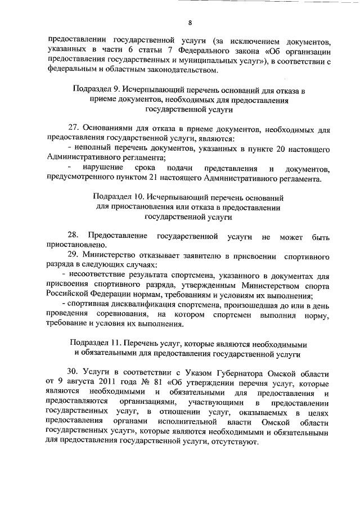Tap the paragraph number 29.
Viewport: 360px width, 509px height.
coord(73,255)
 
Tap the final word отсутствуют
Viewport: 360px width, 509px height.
coord(233,443)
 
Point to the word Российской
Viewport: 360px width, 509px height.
coord(70,294)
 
